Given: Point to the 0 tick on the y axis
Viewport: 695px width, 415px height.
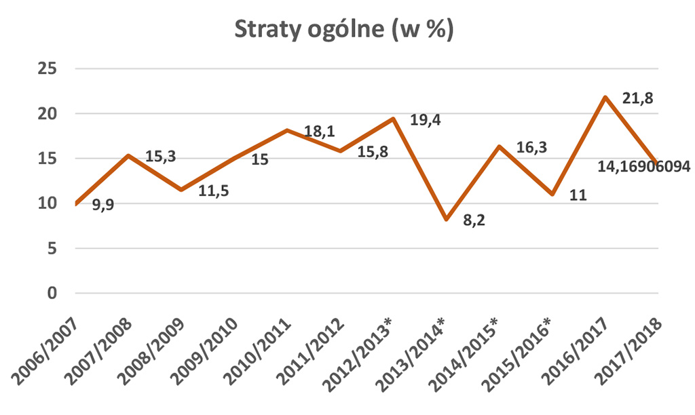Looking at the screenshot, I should coord(52,294).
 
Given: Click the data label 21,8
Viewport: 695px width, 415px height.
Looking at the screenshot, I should coord(639,99).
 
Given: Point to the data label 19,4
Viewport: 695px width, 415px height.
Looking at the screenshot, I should coord(426,120).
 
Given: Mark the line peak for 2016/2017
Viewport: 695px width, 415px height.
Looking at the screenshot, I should coord(604,97).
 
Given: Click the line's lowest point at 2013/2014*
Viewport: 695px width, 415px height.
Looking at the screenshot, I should coord(446,220).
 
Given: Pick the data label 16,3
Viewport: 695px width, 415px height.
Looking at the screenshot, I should coord(531,146).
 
